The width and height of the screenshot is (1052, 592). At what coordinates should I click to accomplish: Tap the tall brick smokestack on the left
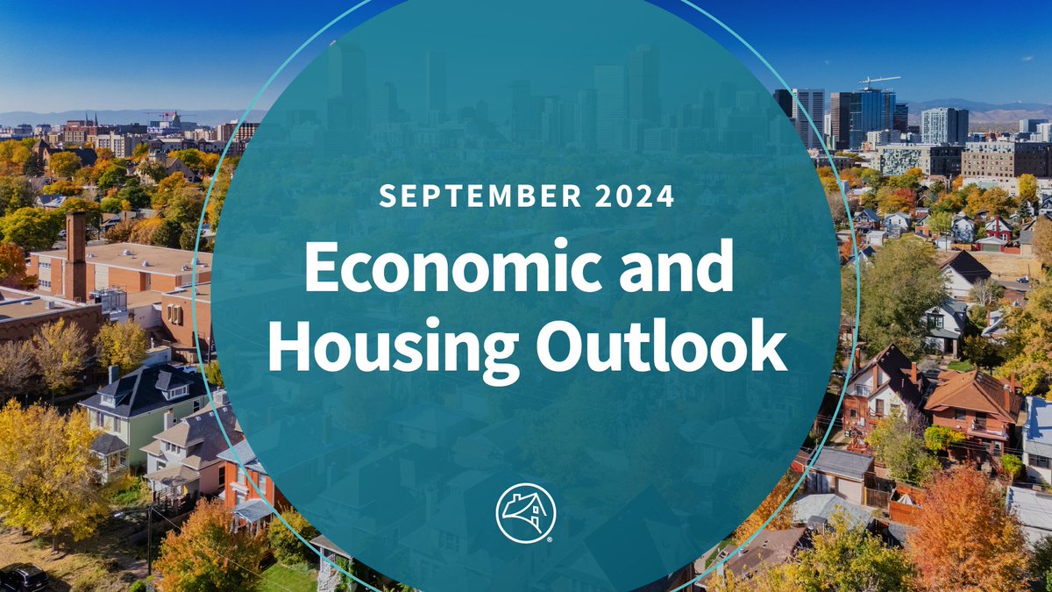pos(75,254)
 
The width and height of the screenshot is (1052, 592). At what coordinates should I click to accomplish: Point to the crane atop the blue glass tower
pos(878,82)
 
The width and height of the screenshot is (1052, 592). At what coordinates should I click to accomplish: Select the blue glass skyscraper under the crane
pos(871,118)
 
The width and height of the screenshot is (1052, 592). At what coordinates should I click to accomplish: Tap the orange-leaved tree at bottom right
pos(960,535)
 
